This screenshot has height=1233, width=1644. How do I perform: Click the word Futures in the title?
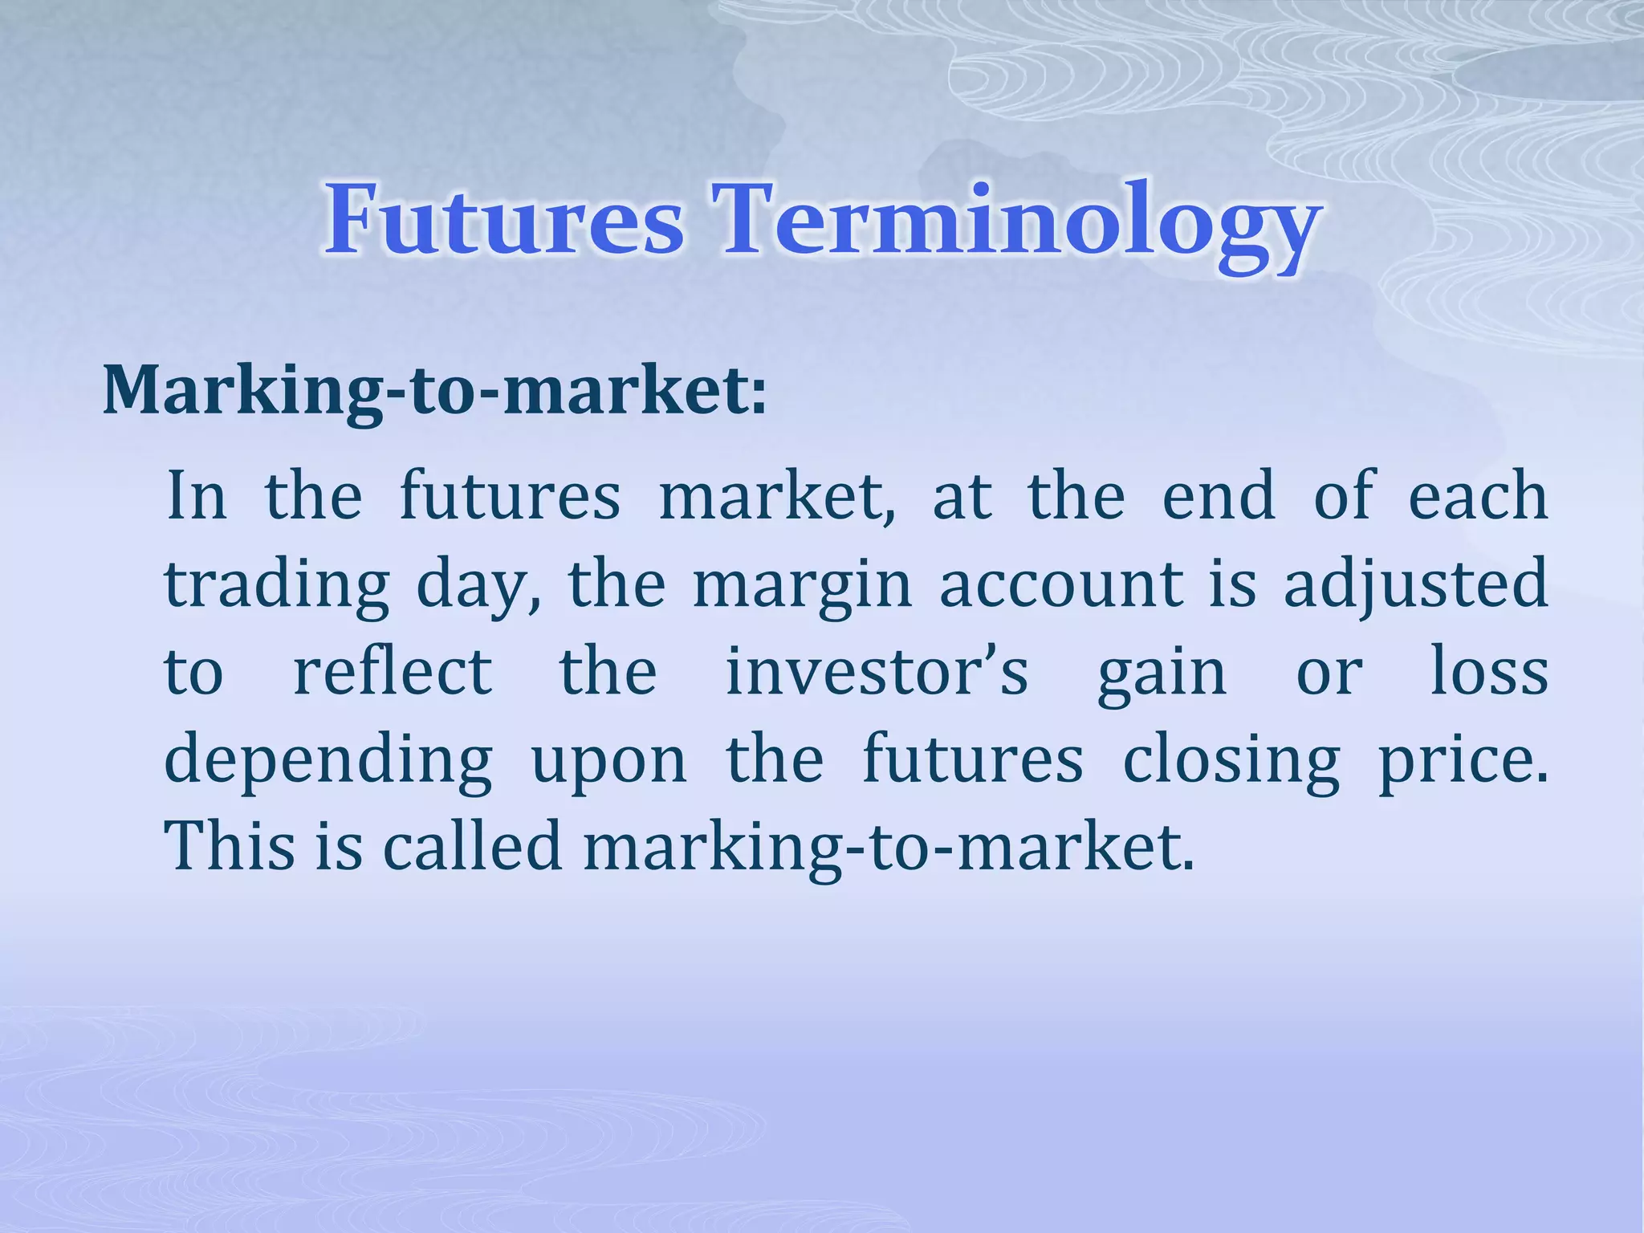pyautogui.click(x=504, y=218)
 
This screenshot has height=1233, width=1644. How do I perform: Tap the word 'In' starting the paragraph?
pyautogui.click(x=196, y=496)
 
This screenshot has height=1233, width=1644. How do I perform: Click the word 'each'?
pyautogui.click(x=1478, y=496)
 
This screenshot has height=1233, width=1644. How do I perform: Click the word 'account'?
pyautogui.click(x=1061, y=584)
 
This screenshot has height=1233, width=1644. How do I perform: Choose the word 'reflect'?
pyautogui.click(x=393, y=671)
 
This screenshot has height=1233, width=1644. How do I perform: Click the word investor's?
pyautogui.click(x=877, y=671)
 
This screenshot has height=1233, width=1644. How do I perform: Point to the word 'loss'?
pyautogui.click(x=1489, y=671)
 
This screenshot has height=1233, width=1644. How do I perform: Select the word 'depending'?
pyautogui.click(x=328, y=761)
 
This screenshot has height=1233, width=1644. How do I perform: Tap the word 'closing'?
pyautogui.click(x=1231, y=761)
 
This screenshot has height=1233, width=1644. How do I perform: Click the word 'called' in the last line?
pyautogui.click(x=471, y=846)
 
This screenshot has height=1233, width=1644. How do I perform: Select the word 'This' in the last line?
pyautogui.click(x=230, y=846)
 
